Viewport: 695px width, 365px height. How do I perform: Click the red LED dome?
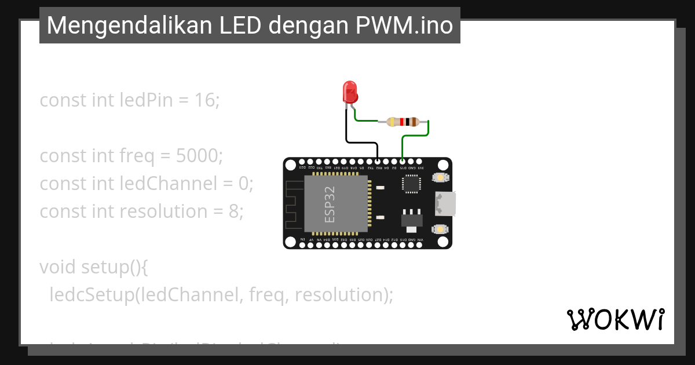point(350,91)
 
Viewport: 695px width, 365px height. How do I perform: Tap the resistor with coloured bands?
point(403,122)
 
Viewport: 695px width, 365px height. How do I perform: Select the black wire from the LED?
point(347,130)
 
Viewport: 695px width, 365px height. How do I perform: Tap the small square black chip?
point(411,184)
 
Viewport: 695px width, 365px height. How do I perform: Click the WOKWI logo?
point(615,319)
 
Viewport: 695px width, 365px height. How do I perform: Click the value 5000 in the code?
point(199,156)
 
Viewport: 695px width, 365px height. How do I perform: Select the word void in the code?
point(58,267)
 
